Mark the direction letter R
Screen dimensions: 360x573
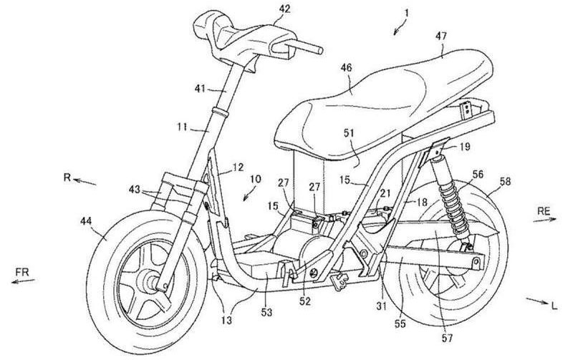point(67,176)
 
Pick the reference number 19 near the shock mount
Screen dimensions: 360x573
point(465,147)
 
